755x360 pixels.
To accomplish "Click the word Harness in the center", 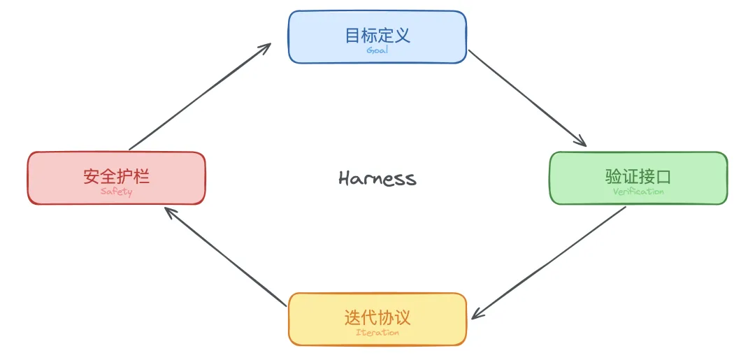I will pos(377,178).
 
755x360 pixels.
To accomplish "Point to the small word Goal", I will pos(377,50).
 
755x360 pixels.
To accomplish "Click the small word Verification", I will pos(638,192).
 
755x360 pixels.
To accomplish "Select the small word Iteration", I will pos(377,333).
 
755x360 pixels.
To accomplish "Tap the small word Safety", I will pos(116,192).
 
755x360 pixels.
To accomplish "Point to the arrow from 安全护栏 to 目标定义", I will pos(199,96).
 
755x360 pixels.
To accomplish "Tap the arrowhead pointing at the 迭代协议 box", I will pos(478,315).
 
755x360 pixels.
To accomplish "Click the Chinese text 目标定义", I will pos(377,35).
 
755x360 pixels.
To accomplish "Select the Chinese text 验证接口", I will pos(638,176).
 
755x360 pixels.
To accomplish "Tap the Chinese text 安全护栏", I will pos(116,176).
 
